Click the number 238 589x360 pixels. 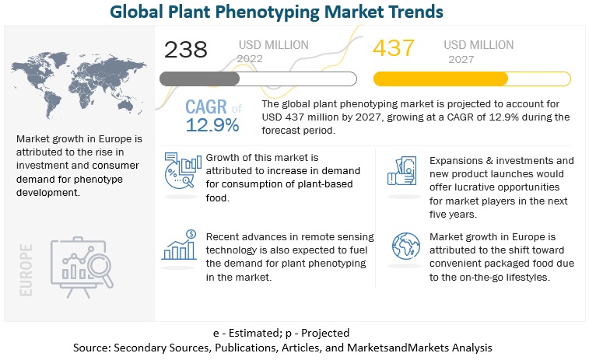[x=187, y=51]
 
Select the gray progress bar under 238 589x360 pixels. [x=258, y=79]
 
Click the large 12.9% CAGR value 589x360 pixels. [x=212, y=124]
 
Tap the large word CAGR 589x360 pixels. [x=208, y=107]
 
